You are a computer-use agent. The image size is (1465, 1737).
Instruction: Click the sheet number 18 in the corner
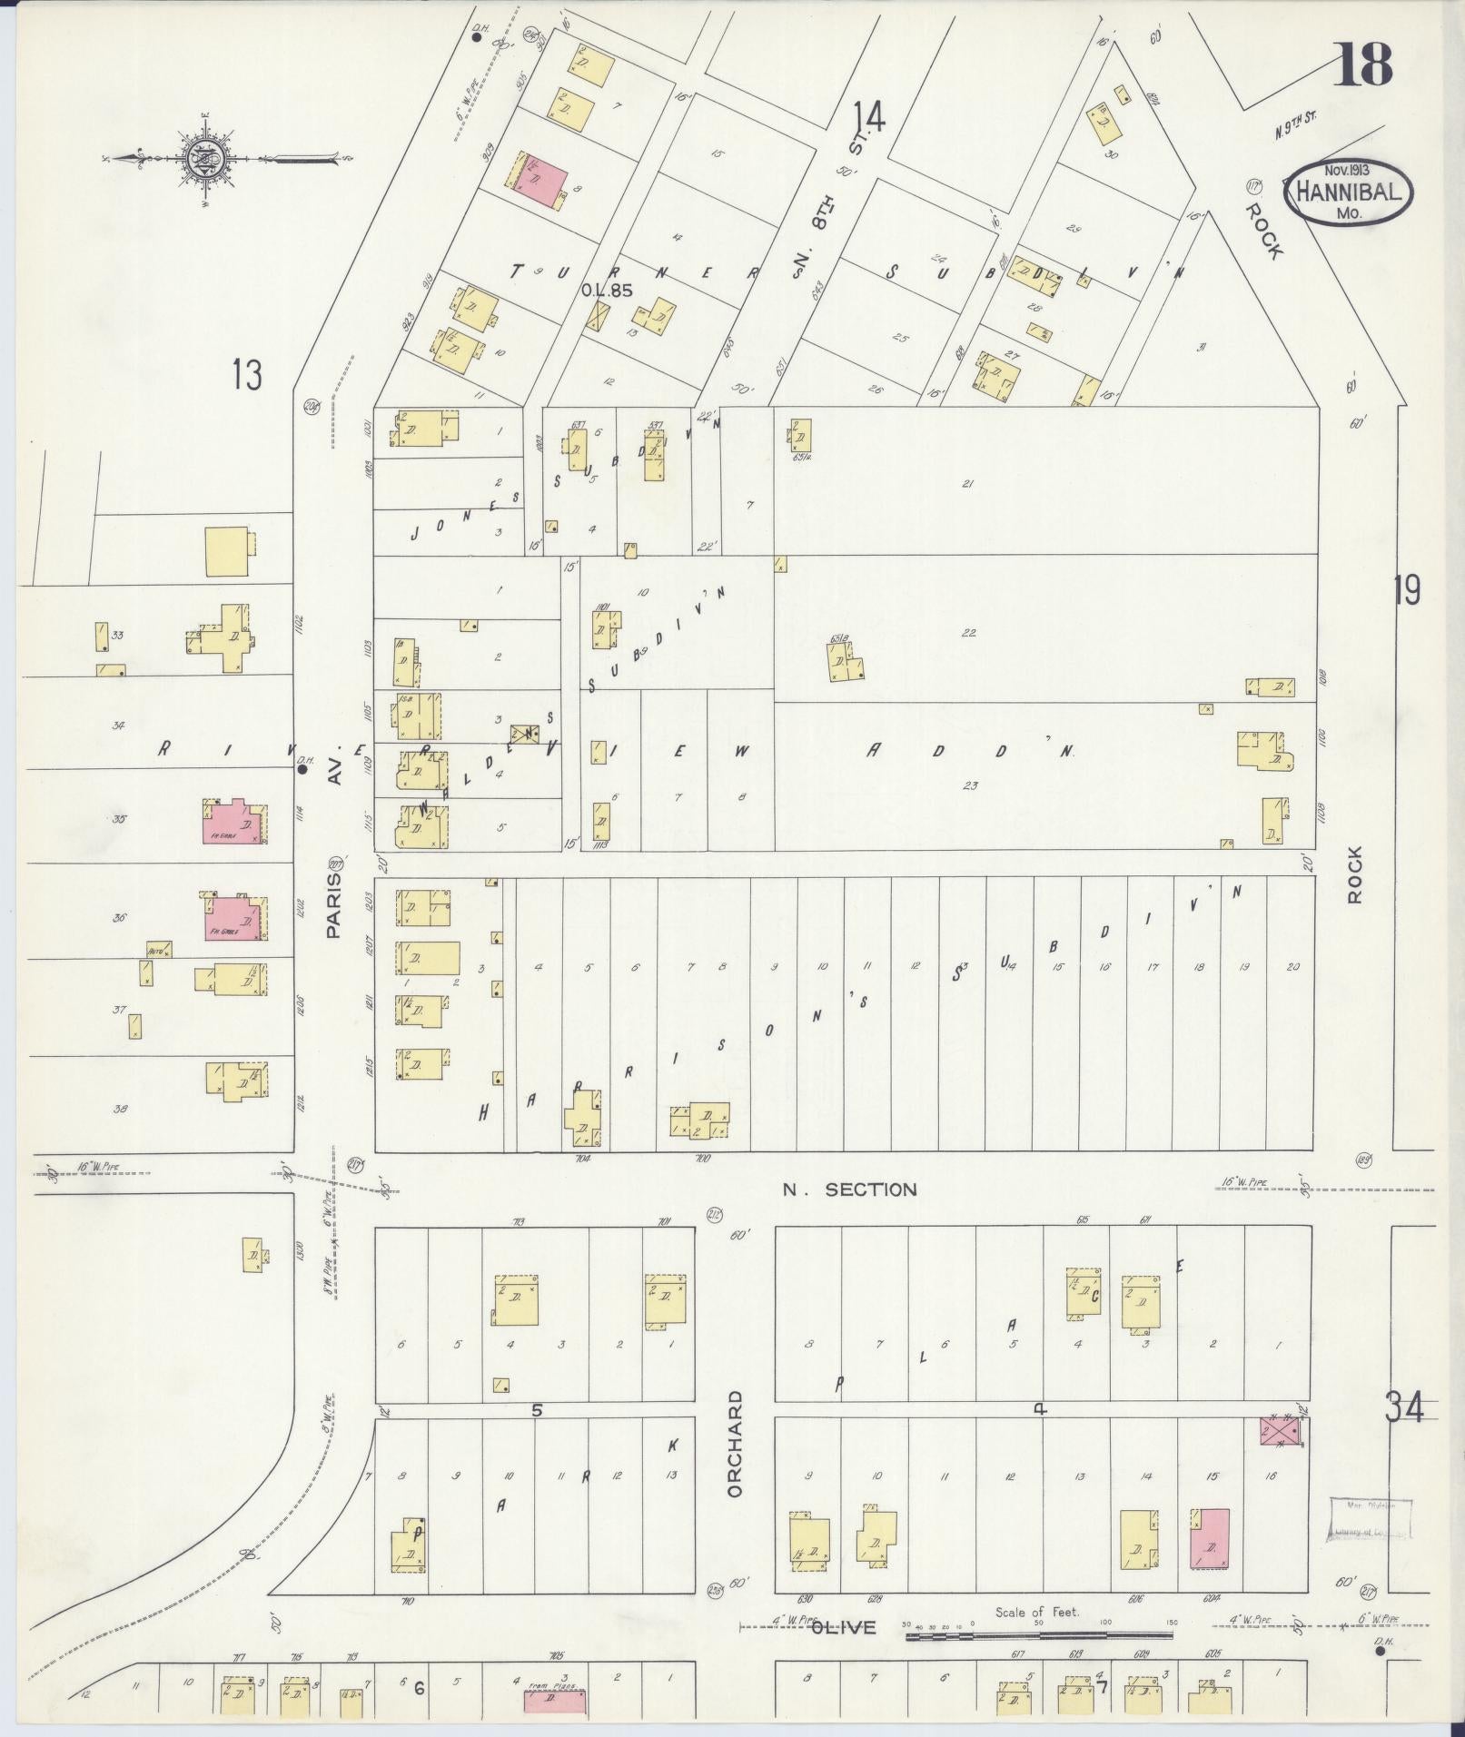[x=1362, y=64]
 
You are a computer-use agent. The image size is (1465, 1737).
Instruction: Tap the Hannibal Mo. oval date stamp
[x=1347, y=192]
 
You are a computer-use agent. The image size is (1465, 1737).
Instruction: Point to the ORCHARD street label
[x=735, y=1456]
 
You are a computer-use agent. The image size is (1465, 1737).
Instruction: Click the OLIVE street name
[x=844, y=1627]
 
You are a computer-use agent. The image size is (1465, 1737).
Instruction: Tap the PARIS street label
[x=333, y=905]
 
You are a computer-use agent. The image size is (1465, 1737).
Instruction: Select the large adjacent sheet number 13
[x=246, y=375]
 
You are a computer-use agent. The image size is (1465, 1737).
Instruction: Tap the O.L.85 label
[x=606, y=291]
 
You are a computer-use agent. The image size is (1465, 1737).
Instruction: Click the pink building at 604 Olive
[x=1210, y=1538]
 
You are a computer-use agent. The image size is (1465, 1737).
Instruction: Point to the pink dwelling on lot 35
[x=234, y=822]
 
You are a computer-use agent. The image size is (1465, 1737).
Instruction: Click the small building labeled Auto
[x=160, y=950]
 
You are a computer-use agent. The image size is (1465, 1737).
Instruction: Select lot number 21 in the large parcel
[x=967, y=484]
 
